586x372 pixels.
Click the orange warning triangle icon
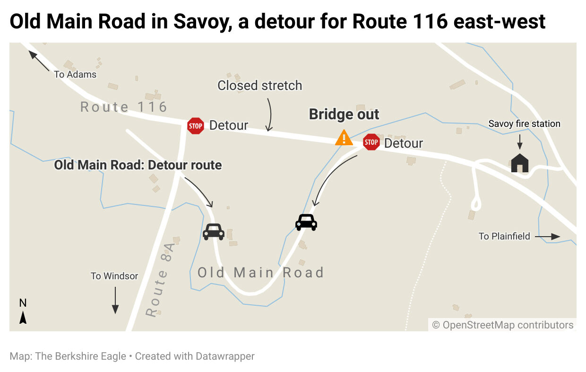click(344, 138)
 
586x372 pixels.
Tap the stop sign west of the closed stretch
click(195, 126)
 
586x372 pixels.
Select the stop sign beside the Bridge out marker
click(371, 142)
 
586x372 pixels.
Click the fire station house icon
click(520, 163)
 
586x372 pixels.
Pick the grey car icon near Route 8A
click(214, 231)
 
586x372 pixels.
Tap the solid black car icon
click(306, 222)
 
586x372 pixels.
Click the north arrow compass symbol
click(23, 312)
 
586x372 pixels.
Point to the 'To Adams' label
click(75, 74)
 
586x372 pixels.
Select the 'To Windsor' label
click(114, 276)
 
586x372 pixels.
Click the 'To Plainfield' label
click(504, 236)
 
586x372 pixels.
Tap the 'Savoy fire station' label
click(525, 124)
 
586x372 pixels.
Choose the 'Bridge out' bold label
click(344, 115)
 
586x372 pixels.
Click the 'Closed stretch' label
click(259, 86)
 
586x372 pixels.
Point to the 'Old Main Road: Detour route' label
click(138, 165)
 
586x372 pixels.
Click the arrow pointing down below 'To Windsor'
click(115, 301)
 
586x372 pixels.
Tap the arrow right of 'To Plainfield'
click(548, 236)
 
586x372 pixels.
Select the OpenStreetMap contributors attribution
click(503, 325)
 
